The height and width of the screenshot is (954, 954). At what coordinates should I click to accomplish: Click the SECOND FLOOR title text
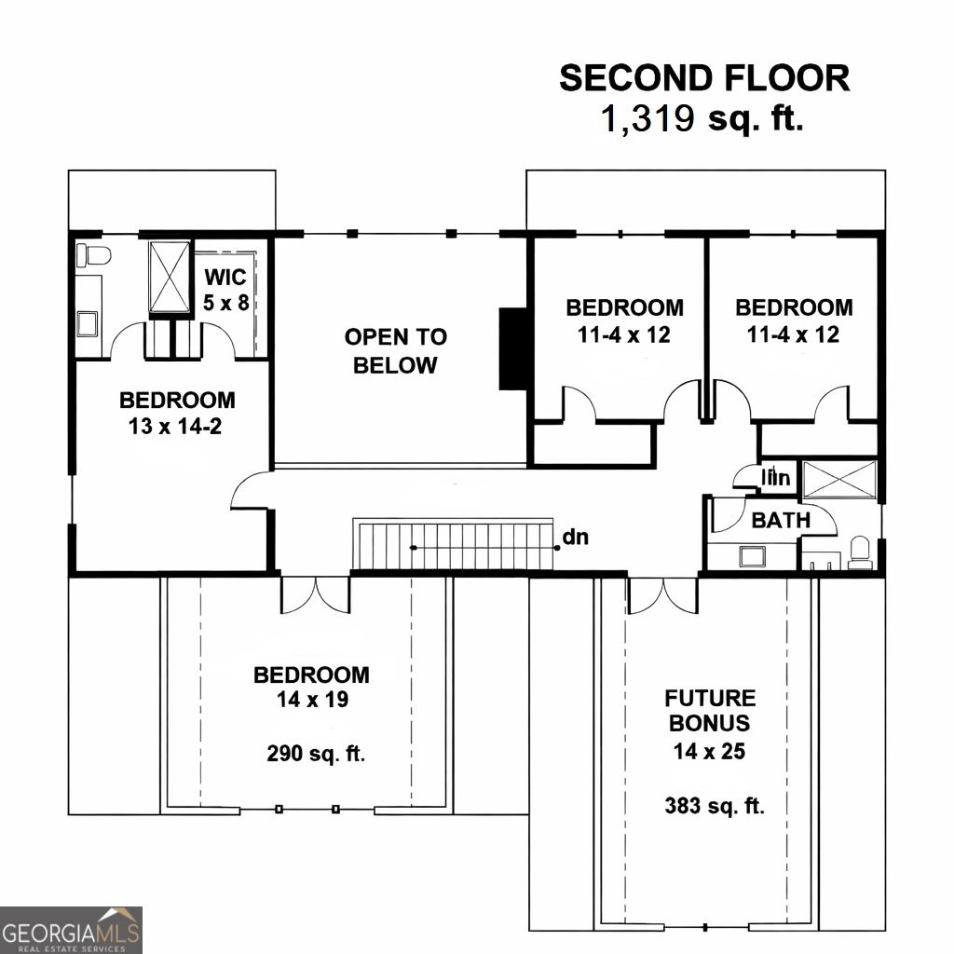[x=703, y=78]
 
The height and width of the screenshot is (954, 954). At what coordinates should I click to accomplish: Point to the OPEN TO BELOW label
[x=395, y=350]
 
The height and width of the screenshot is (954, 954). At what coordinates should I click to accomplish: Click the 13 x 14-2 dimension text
[x=177, y=427]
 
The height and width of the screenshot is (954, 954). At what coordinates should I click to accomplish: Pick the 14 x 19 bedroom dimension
[x=311, y=699]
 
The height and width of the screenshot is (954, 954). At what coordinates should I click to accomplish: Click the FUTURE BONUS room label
[x=710, y=710]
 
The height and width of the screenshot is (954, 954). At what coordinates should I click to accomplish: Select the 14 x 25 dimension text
[x=710, y=750]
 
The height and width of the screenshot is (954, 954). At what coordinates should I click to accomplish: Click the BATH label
[x=781, y=520]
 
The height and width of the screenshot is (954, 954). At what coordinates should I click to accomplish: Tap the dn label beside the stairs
[x=575, y=537]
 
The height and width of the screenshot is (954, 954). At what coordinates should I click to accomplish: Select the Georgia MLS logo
[x=72, y=929]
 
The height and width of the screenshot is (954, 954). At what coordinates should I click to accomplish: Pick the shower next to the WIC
[x=169, y=277]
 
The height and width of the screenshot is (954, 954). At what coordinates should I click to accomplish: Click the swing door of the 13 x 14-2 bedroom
[x=249, y=493]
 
